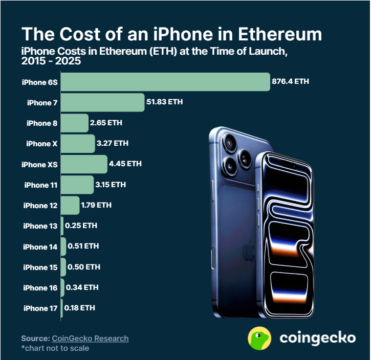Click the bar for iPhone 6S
(x=165, y=82)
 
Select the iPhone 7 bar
(x=102, y=102)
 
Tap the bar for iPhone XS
(x=84, y=164)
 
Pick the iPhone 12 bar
(x=70, y=205)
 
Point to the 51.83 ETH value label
(x=164, y=102)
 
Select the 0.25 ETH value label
(x=81, y=226)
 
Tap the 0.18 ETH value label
(x=80, y=308)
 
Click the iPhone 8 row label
(x=42, y=123)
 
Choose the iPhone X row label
(x=42, y=144)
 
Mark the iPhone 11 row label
(x=41, y=185)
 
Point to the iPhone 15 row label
(x=40, y=267)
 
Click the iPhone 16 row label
(x=40, y=288)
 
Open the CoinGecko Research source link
(x=90, y=339)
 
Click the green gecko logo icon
(x=259, y=338)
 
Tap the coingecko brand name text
(x=317, y=338)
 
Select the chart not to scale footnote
(x=55, y=348)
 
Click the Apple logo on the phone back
(x=249, y=249)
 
